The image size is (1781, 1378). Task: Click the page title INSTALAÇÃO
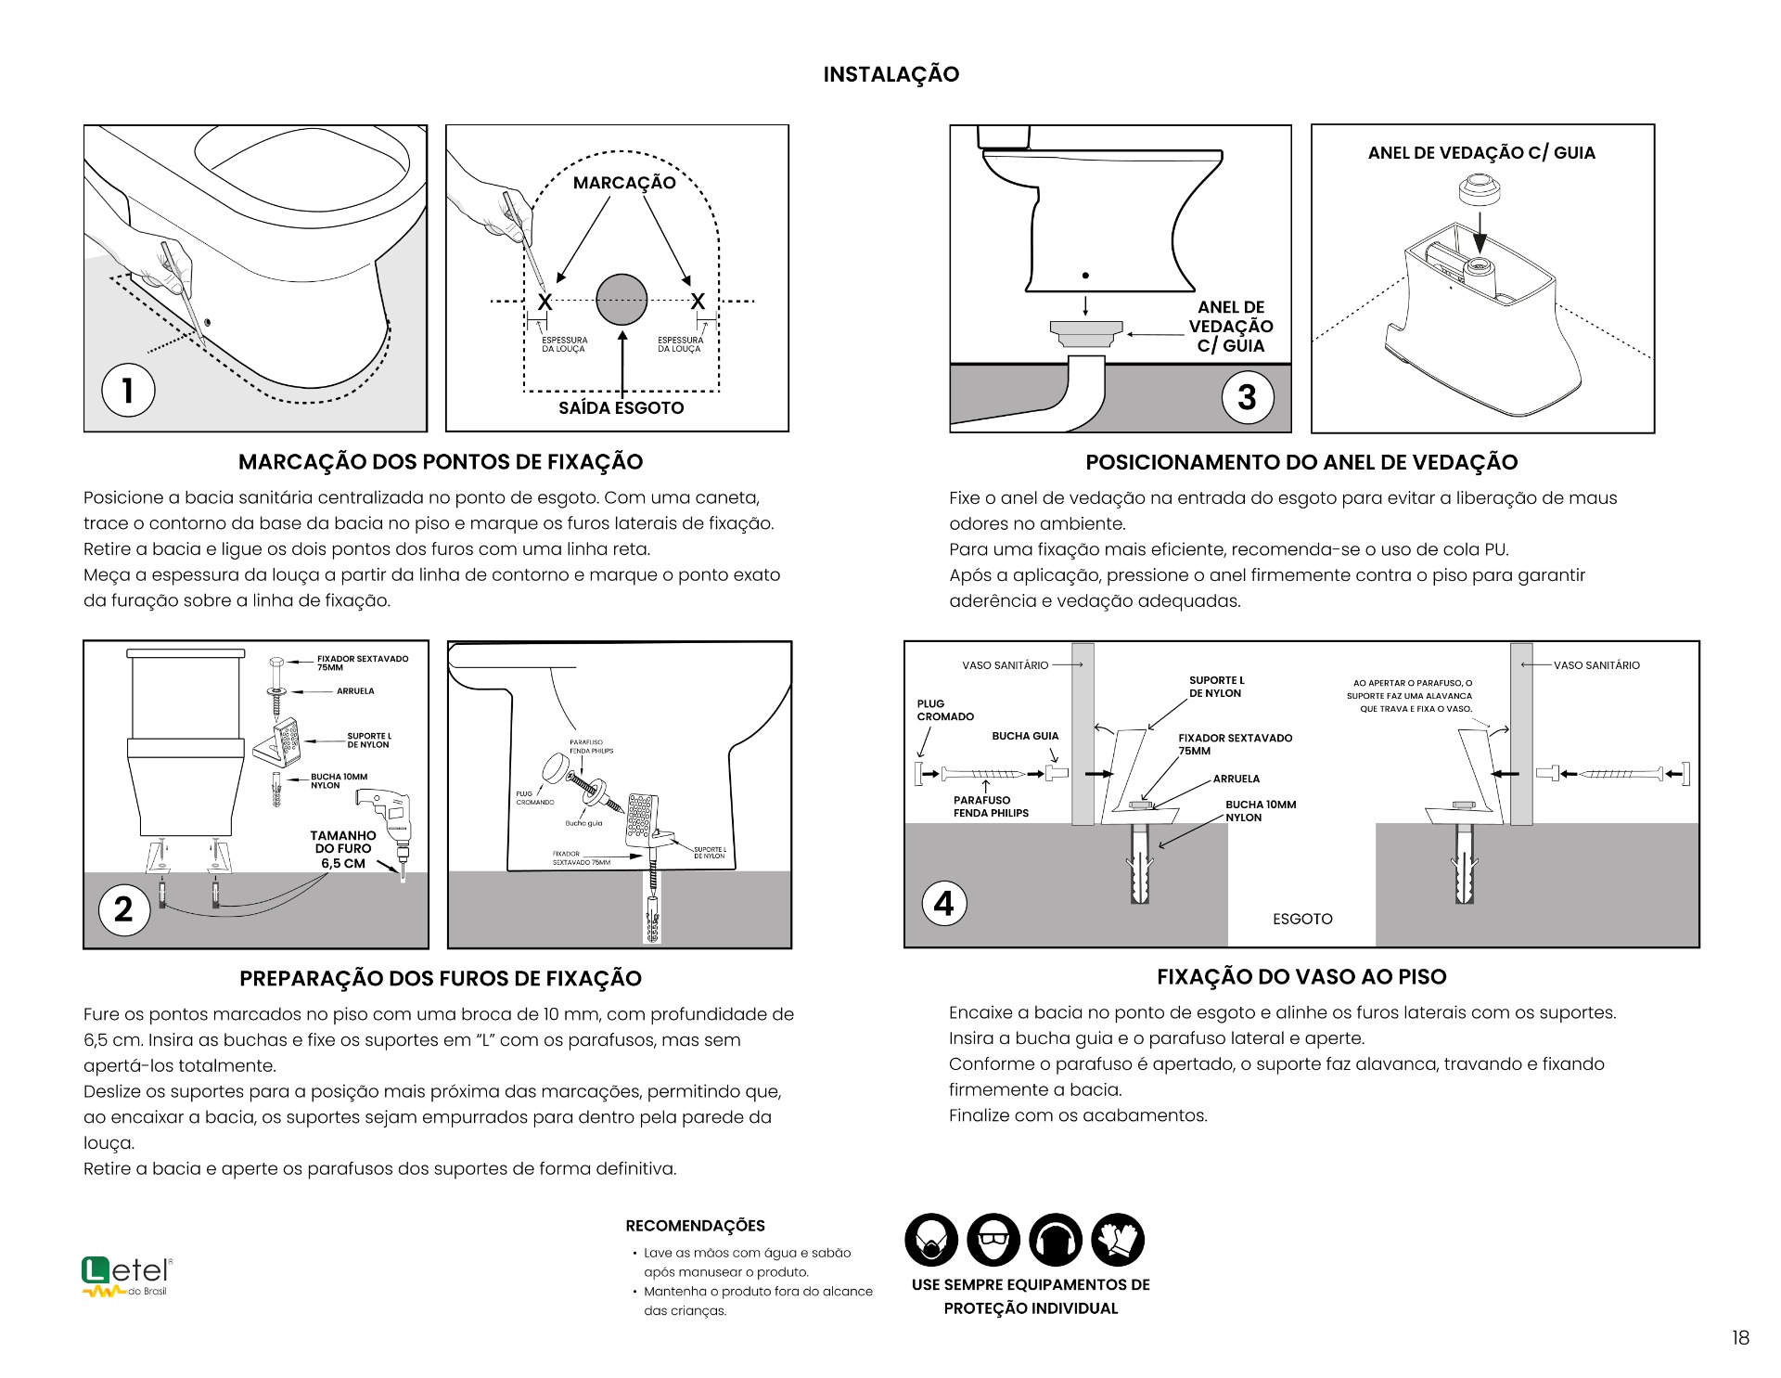point(890,74)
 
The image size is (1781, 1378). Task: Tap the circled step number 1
point(128,390)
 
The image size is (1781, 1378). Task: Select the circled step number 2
point(124,908)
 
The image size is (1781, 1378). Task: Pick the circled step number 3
point(1247,397)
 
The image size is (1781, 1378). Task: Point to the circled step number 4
point(943,903)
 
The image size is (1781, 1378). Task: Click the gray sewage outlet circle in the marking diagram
point(621,300)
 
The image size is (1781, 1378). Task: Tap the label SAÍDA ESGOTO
point(621,408)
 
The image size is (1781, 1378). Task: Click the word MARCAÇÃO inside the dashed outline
point(624,183)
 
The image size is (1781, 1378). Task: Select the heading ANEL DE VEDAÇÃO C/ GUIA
point(1481,153)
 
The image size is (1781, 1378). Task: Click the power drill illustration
point(389,817)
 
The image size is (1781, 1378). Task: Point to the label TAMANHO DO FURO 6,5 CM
point(343,849)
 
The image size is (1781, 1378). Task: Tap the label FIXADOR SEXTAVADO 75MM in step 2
point(362,663)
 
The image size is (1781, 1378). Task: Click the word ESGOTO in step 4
point(1302,919)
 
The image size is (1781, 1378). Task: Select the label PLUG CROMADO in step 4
point(945,710)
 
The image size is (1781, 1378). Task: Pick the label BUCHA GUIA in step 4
point(1025,736)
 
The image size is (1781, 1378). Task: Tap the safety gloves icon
point(1118,1240)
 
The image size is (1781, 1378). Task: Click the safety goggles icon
point(993,1240)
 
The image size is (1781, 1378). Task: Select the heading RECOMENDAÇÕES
point(695,1226)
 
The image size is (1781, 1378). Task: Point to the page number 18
point(1739,1337)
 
